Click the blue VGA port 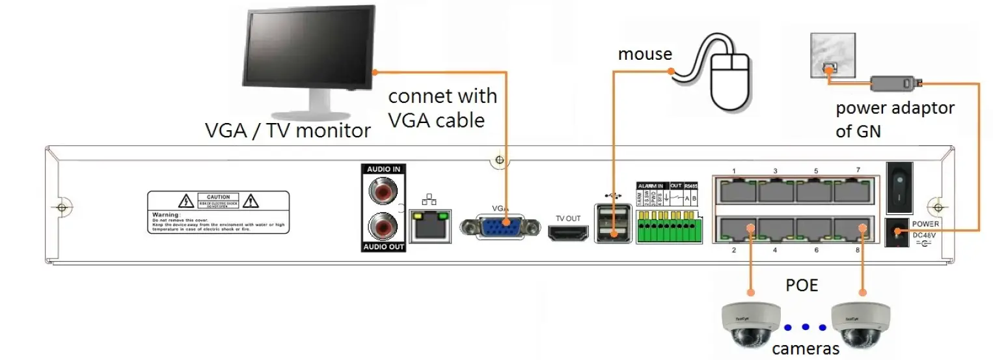[499, 227]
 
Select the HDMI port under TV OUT [567, 234]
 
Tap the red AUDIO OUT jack [383, 227]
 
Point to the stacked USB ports [612, 224]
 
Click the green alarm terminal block [669, 227]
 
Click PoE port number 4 [775, 230]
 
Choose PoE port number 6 [815, 230]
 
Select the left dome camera [750, 324]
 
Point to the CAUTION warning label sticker [218, 212]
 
